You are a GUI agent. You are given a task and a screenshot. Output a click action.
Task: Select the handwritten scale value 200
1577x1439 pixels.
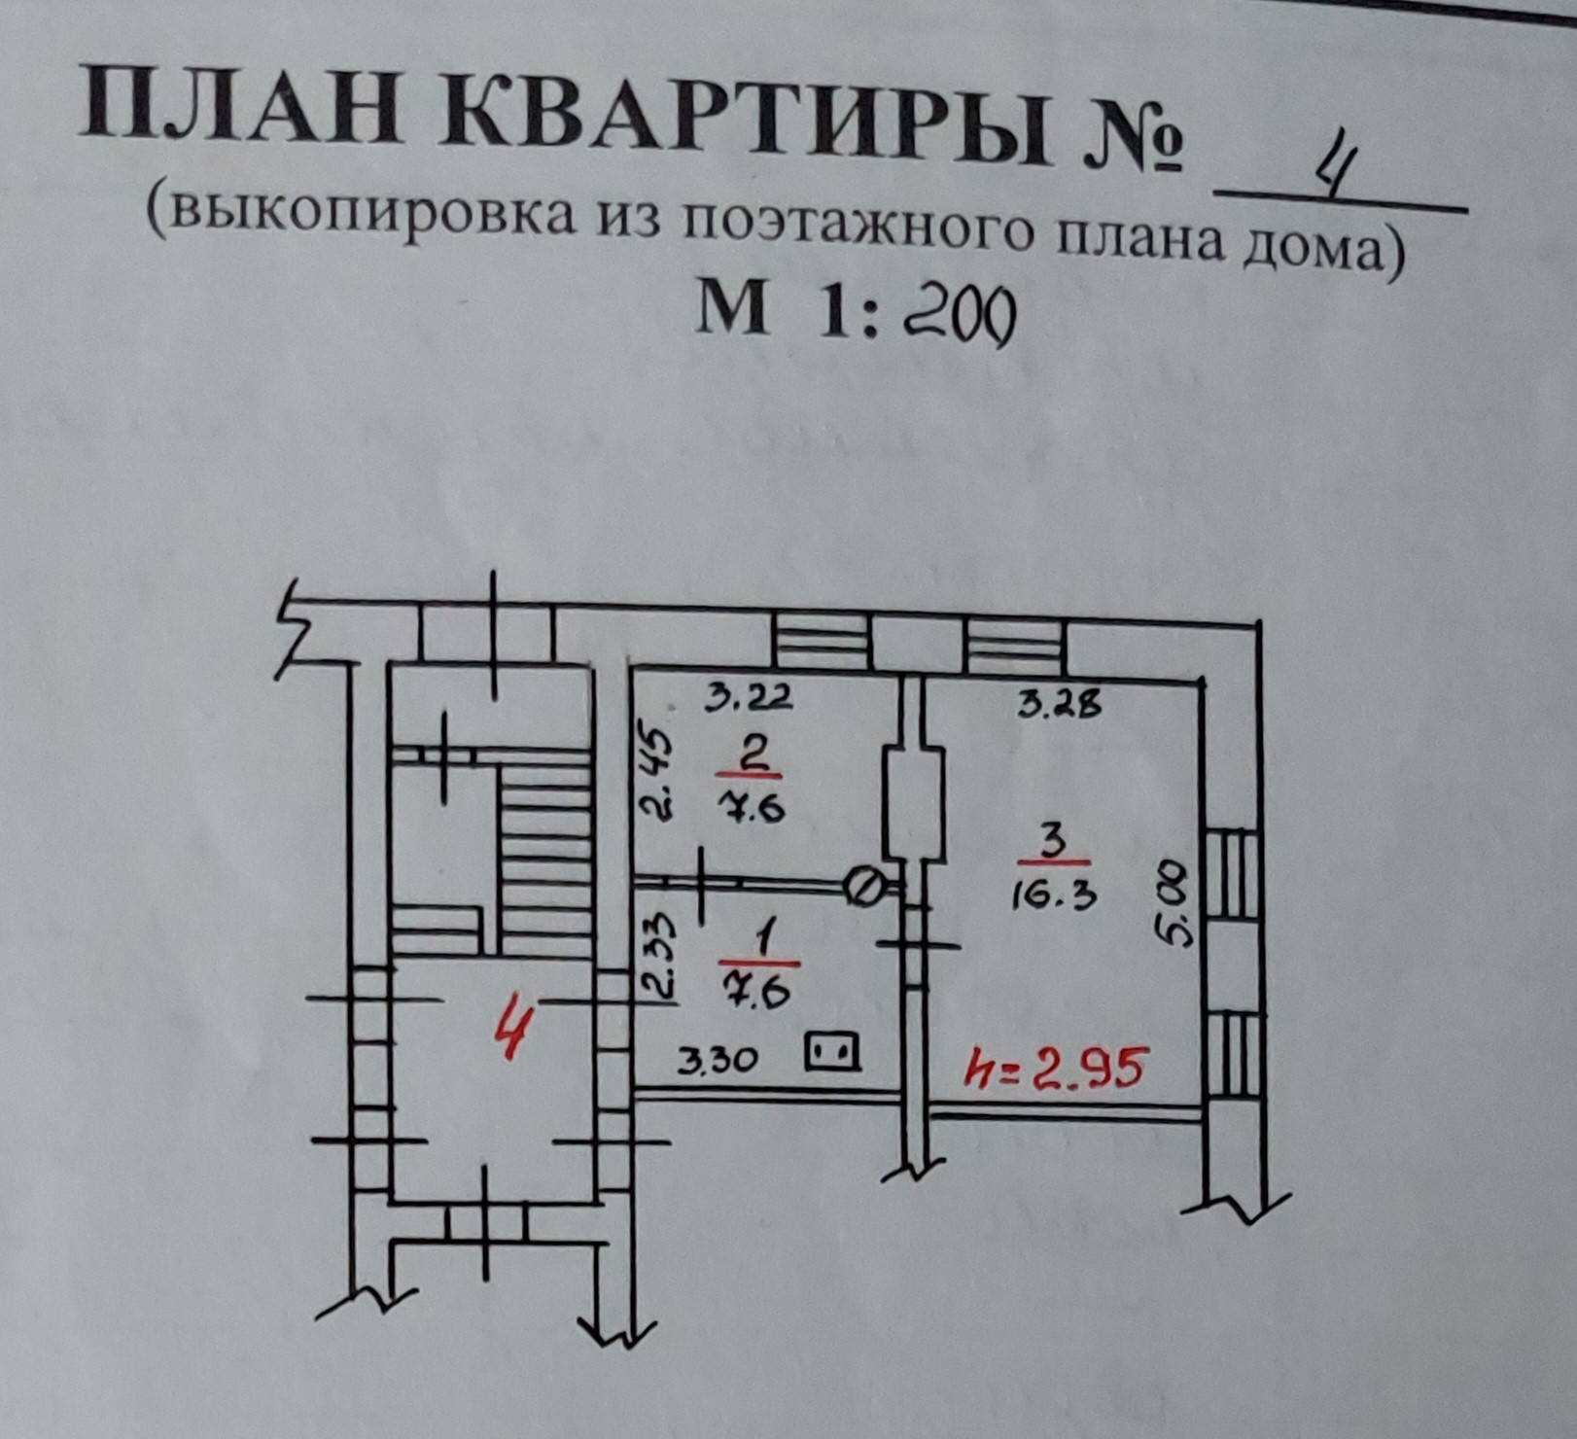959,315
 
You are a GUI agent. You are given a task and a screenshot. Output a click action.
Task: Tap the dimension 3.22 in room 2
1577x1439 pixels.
749,697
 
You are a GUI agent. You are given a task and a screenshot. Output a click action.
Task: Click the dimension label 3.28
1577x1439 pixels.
1061,702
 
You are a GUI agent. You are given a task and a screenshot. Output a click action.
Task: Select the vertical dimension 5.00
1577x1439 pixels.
1174,903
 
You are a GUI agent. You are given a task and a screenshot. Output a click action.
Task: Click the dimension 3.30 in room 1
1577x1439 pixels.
717,1059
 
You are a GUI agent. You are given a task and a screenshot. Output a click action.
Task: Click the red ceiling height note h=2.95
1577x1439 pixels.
1056,1070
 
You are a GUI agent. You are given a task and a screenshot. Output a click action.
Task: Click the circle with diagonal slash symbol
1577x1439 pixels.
863,886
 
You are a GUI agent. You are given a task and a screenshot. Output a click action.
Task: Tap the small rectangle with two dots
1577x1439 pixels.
833,1052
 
